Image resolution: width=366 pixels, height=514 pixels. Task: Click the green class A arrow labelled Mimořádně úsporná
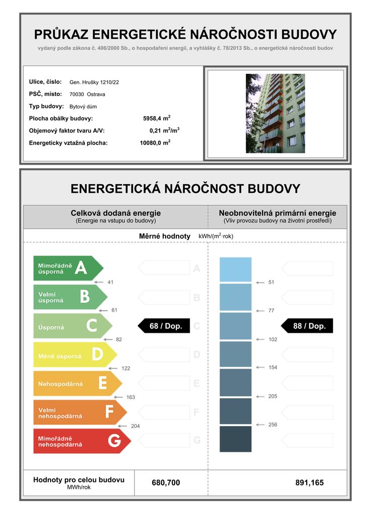(x=68, y=269)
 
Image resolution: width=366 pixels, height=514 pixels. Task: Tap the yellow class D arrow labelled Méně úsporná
(x=74, y=355)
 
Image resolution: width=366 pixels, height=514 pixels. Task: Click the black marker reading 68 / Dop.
(x=163, y=326)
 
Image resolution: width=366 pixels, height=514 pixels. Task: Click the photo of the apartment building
(x=275, y=113)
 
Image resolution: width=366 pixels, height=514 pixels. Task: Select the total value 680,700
(x=166, y=483)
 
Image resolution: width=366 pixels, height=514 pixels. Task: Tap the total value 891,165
(x=309, y=483)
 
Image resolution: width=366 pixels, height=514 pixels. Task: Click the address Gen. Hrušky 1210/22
(x=94, y=82)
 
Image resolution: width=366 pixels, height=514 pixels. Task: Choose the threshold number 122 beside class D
(x=126, y=368)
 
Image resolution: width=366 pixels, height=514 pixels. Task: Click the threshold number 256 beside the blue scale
(x=273, y=425)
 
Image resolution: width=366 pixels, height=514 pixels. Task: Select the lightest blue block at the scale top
(x=235, y=270)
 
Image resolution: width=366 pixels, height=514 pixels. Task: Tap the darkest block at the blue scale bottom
(x=235, y=439)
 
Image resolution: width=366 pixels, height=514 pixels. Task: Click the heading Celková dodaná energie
(x=115, y=213)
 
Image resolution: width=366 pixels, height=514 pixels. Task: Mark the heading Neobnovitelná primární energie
(x=277, y=213)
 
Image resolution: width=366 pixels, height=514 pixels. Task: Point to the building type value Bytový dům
(x=83, y=106)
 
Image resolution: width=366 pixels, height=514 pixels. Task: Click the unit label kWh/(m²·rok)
(x=216, y=236)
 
